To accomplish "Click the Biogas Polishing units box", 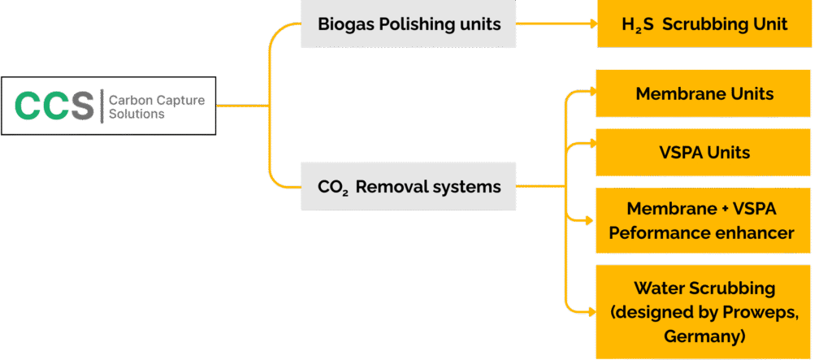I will coord(408,24).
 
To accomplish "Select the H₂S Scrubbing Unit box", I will coord(704,24).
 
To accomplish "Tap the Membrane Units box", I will coord(704,93).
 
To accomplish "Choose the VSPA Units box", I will coord(704,153).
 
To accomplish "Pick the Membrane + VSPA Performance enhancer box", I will coord(704,221).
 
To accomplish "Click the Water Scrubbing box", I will coord(704,311).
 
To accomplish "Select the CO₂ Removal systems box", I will coord(408,187).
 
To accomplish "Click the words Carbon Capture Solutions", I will coord(156,106).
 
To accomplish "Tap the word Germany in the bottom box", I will coord(704,336).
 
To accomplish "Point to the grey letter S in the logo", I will coord(81,106).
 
